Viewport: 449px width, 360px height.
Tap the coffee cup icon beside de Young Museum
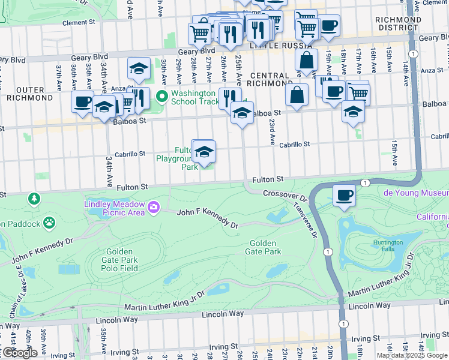344,196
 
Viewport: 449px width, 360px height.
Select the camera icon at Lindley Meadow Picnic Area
154,208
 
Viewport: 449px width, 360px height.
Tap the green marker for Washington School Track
161,96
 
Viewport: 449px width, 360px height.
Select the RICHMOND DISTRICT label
398,23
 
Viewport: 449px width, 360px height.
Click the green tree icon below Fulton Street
34,198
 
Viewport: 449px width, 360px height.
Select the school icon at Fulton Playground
204,152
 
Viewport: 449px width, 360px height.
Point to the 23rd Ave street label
272,131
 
